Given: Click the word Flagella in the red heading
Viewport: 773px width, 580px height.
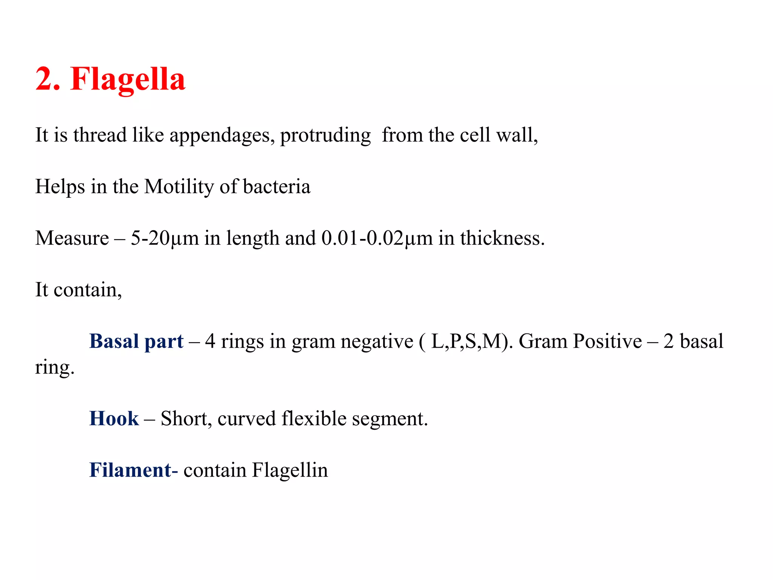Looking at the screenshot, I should pyautogui.click(x=128, y=79).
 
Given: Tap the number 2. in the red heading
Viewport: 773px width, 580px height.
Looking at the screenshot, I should pyautogui.click(x=48, y=79).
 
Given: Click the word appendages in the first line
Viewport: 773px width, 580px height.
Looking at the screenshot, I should pyautogui.click(x=222, y=135).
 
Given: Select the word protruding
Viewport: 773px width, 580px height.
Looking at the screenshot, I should pyautogui.click(x=325, y=135).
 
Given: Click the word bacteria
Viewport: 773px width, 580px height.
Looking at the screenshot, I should pyautogui.click(x=277, y=187).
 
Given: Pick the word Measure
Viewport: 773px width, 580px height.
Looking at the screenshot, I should pyautogui.click(x=72, y=238).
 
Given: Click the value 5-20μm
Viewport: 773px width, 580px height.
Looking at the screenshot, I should pyautogui.click(x=165, y=238).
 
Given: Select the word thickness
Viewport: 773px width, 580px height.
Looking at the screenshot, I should pyautogui.click(x=502, y=238).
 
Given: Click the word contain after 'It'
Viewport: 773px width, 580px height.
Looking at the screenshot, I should pyautogui.click(x=88, y=290).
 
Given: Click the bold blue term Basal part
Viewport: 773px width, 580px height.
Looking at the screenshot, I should pyautogui.click(x=136, y=341).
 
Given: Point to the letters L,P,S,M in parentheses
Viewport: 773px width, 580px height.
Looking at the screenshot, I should pyautogui.click(x=469, y=341).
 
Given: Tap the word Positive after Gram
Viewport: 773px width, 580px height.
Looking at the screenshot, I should pyautogui.click(x=607, y=341).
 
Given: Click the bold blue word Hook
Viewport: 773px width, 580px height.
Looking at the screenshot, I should pyautogui.click(x=114, y=418).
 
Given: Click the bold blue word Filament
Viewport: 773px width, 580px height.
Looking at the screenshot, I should pyautogui.click(x=131, y=470).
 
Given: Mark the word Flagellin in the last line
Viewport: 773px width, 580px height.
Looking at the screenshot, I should pyautogui.click(x=290, y=470).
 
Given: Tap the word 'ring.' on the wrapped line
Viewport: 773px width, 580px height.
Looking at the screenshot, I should pyautogui.click(x=55, y=367).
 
